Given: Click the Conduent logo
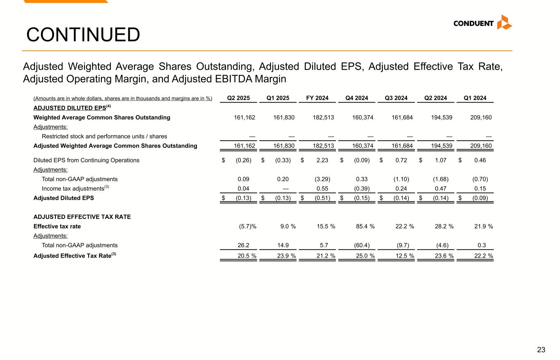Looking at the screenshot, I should [482, 23].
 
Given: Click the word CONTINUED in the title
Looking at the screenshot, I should [83, 35].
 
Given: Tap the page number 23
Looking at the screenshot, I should [541, 350].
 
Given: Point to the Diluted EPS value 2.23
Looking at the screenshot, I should [323, 160].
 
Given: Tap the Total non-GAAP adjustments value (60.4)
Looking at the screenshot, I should [362, 245].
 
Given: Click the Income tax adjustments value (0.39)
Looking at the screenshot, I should [362, 188].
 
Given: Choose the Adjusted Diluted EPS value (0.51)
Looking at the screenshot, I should [323, 198].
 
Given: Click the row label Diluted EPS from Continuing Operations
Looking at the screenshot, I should [86, 160].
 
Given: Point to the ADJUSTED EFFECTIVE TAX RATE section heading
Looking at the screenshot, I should [82, 217].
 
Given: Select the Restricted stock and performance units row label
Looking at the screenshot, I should [104, 137].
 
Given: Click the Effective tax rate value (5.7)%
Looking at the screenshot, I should [247, 226].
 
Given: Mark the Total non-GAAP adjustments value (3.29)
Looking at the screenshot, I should [323, 179].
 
